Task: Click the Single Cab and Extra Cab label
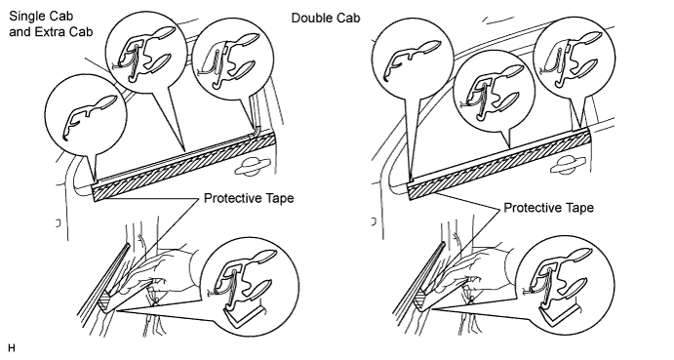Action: [51, 23]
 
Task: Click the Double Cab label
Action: [326, 19]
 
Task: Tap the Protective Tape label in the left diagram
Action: [249, 198]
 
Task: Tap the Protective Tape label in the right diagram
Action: [548, 208]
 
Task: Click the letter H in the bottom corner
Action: [11, 348]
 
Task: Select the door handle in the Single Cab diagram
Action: [253, 167]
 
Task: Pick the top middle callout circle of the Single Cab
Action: [147, 53]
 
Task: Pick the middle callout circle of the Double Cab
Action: [495, 91]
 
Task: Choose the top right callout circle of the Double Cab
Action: [575, 59]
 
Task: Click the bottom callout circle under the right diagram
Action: [565, 284]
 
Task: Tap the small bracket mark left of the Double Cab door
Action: [374, 221]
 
